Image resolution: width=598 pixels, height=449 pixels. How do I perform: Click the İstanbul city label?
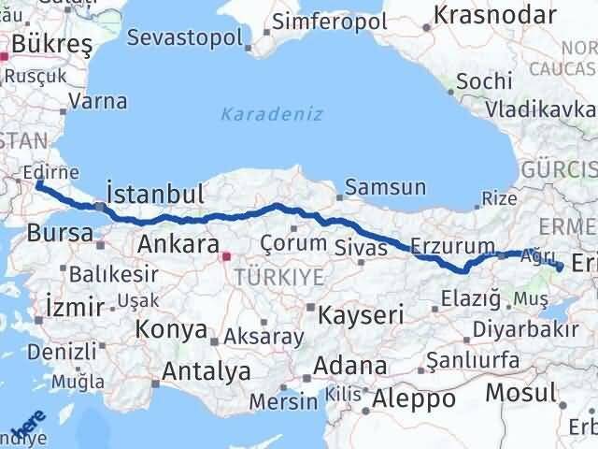click(x=155, y=195)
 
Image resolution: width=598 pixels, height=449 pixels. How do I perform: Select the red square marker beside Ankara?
click(x=226, y=253)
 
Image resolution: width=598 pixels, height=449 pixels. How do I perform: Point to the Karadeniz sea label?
click(x=272, y=114)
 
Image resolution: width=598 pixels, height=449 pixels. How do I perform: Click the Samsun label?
click(x=385, y=187)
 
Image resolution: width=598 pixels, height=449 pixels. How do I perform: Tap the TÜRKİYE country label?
click(x=278, y=276)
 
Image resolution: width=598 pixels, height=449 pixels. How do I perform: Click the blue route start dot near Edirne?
click(x=39, y=184)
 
